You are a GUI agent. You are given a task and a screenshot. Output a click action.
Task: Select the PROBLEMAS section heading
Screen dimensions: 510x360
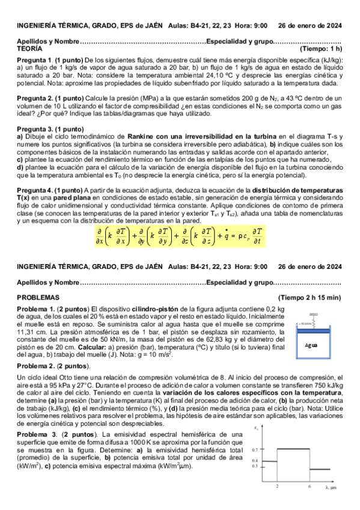tap(38, 297)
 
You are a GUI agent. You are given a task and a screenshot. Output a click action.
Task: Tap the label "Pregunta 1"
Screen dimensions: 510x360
tap(34, 61)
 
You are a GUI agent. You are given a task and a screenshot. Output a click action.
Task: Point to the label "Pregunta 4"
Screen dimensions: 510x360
tap(34, 189)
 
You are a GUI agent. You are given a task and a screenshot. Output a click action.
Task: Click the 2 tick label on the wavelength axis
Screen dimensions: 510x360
tap(277, 486)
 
